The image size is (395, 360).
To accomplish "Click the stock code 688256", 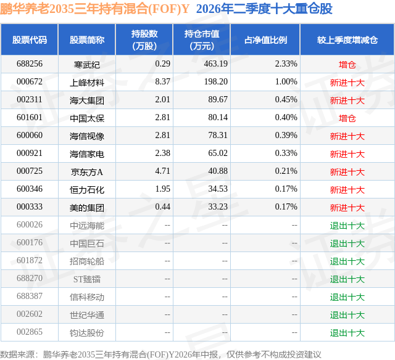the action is point(30,64).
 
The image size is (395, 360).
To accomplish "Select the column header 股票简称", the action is point(87,40).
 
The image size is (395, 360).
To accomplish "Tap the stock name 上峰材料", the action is point(87,82).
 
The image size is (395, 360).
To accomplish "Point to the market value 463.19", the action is point(215,64).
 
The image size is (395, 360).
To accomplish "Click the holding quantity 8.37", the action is point(162,82).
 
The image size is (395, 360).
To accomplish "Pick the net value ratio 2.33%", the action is point(286,64).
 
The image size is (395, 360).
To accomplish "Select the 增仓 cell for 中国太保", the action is point(347,118).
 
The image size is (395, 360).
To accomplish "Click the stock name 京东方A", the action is point(87,172).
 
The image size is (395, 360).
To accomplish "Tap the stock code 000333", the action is point(30,207).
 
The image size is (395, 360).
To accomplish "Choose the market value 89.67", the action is point(218,100).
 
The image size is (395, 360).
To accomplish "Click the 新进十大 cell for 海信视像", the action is point(347,136).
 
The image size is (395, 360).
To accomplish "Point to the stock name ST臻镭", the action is point(87,279).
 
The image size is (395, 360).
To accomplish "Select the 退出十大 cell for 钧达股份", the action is point(347,333).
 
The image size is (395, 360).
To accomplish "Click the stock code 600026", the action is point(30,224).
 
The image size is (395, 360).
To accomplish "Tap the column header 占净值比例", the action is point(265,40).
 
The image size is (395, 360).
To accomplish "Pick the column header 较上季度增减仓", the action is point(347,40).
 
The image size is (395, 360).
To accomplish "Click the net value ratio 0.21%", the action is point(286,171).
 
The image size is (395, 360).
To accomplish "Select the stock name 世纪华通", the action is point(87,315).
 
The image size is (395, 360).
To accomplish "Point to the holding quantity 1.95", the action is point(162,189).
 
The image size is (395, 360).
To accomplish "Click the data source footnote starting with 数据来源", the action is point(160,354).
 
